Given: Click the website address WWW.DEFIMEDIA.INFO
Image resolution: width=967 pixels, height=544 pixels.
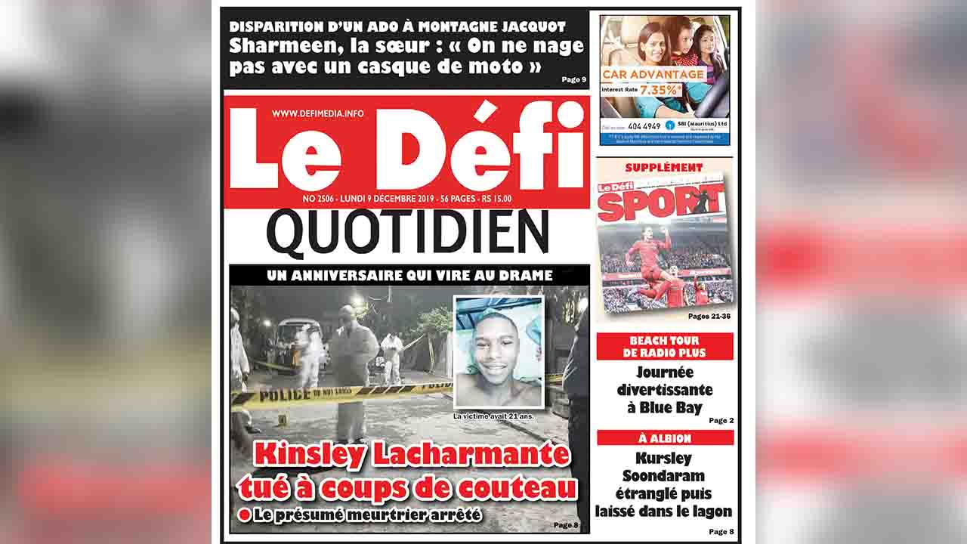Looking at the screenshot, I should pos(317,113).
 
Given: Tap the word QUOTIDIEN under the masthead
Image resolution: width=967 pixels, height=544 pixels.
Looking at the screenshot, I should pos(408,233).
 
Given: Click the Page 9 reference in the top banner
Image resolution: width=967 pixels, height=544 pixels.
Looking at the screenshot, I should pos(573,79).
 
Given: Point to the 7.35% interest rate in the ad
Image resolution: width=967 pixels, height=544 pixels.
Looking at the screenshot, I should pos(659,89).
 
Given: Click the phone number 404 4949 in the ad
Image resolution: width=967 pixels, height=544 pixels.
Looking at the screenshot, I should pos(644,125).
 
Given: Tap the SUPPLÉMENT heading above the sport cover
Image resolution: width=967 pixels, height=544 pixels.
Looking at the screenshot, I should pos(664,167).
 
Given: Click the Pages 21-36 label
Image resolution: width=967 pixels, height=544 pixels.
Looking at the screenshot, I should pos(709,316).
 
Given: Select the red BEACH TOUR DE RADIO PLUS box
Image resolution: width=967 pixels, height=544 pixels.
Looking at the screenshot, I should pos(664,347).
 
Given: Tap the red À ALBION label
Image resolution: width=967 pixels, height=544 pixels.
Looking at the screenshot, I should pos(665,438).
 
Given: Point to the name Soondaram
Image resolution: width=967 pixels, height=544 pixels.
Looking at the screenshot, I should pos(664,476).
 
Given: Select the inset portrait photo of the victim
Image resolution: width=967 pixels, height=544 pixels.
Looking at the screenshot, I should pos(498,352).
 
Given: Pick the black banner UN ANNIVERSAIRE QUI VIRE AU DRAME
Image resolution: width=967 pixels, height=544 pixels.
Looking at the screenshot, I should pos(409,276).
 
